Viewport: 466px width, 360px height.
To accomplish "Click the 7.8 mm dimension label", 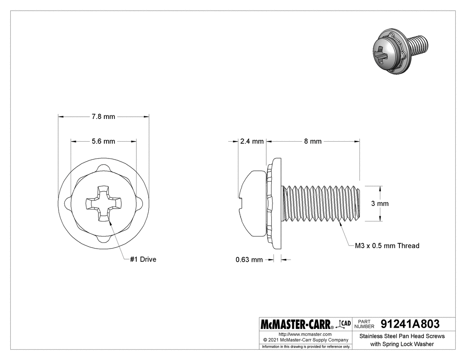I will [103, 117].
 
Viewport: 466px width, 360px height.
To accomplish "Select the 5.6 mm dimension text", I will [103, 142].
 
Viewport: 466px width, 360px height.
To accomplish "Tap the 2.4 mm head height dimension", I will [252, 142].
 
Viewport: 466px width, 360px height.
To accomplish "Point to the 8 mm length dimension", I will [312, 142].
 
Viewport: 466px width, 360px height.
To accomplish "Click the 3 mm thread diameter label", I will [379, 203].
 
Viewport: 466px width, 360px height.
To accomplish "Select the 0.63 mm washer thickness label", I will [249, 260].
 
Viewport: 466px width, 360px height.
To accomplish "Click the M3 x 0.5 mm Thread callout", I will [387, 245].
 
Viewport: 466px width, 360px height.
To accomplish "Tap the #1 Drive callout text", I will [143, 259].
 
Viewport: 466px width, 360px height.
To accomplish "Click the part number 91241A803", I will [410, 324].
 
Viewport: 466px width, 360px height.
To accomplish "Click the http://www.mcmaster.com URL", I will [305, 334].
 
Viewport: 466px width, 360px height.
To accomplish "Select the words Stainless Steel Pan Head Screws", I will [402, 336].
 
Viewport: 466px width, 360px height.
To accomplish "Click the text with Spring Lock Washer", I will [402, 344].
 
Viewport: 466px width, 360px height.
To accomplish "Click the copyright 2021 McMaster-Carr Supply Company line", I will [305, 340].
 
